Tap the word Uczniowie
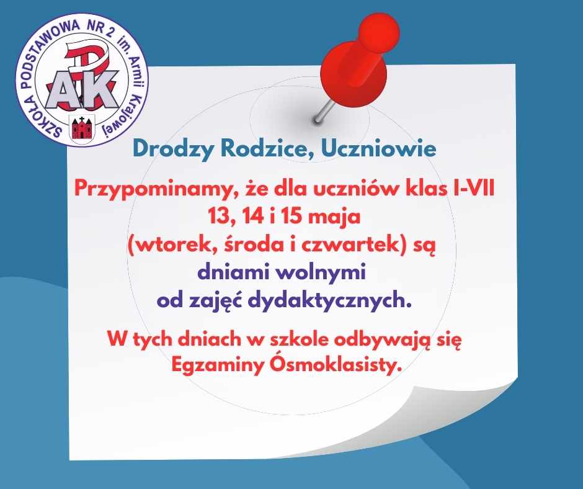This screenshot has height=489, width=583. (378, 148)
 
